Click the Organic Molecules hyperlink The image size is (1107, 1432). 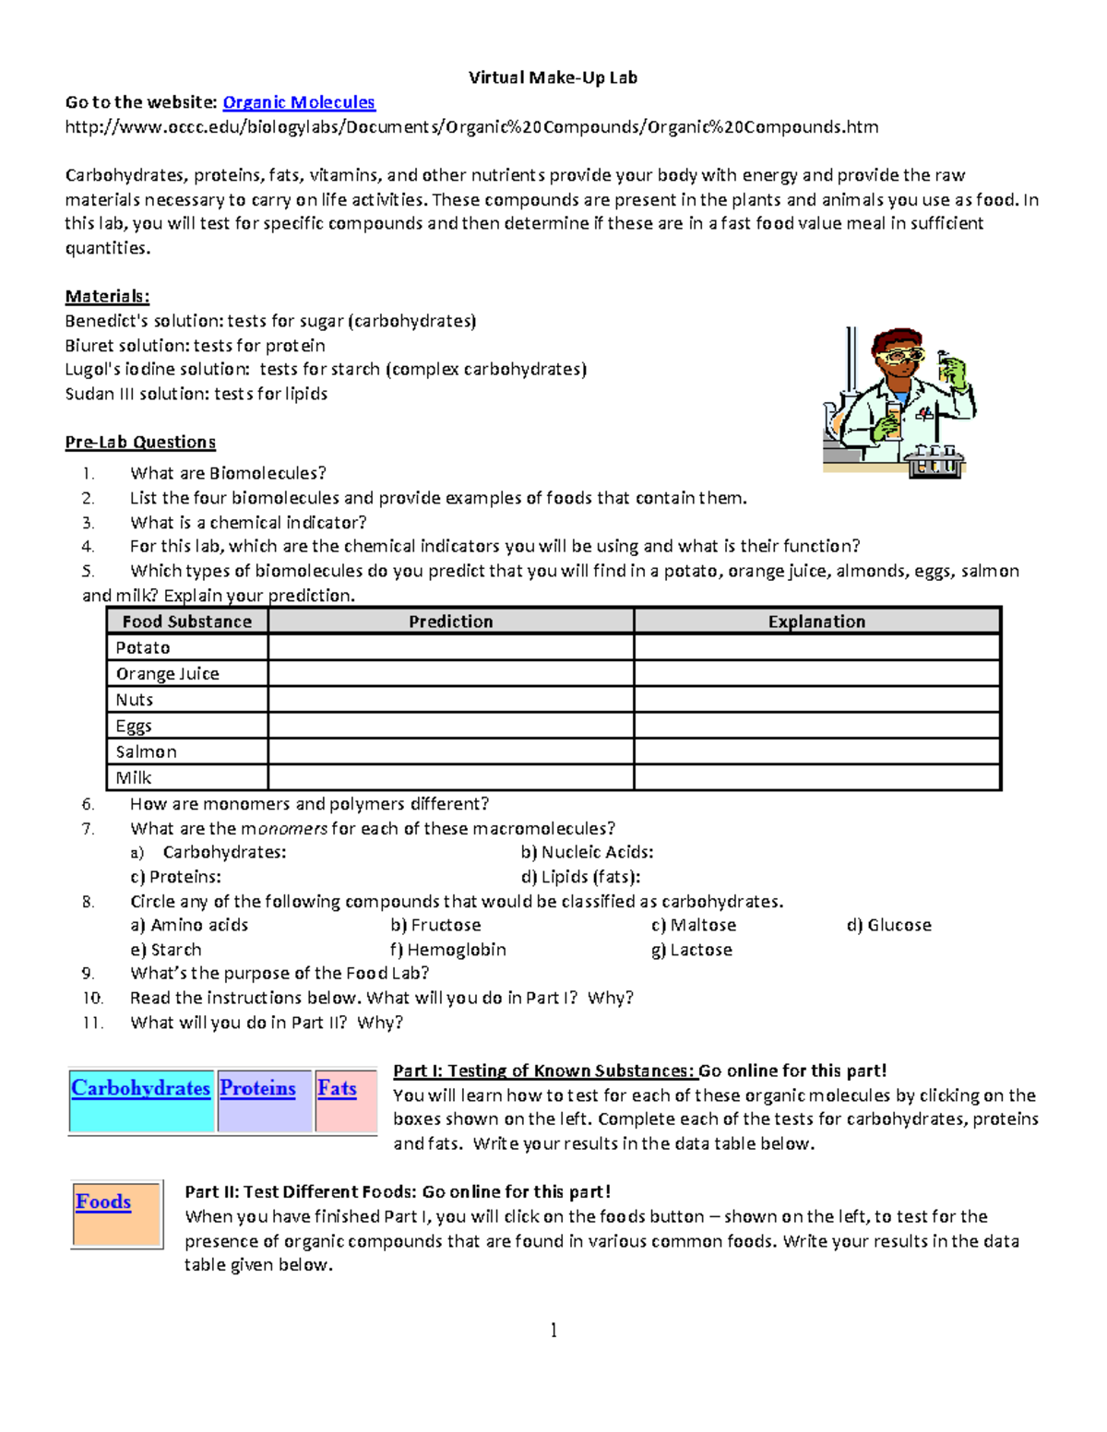pyautogui.click(x=299, y=102)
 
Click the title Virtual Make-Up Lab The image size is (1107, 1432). pyautogui.click(x=553, y=77)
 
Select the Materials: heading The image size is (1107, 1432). pyautogui.click(x=107, y=296)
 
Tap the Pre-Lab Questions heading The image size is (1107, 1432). pyautogui.click(x=140, y=442)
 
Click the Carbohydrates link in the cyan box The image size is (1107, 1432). pyautogui.click(x=140, y=1088)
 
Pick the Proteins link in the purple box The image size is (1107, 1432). pyautogui.click(x=257, y=1088)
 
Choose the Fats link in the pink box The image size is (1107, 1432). pyautogui.click(x=337, y=1088)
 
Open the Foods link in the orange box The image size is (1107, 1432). pyautogui.click(x=103, y=1201)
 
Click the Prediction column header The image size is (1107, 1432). pyautogui.click(x=450, y=621)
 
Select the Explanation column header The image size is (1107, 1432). pyautogui.click(x=816, y=621)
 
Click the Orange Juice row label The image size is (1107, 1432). pyautogui.click(x=167, y=674)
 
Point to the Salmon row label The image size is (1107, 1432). pyautogui.click(x=146, y=752)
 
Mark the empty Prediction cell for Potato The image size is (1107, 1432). pyautogui.click(x=450, y=647)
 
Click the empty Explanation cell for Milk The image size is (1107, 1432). pyautogui.click(x=816, y=777)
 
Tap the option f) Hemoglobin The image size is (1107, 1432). pyautogui.click(x=448, y=950)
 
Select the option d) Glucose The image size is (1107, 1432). pyautogui.click(x=889, y=925)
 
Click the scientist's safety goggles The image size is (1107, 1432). pyautogui.click(x=899, y=354)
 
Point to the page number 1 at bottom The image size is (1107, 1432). pyautogui.click(x=553, y=1330)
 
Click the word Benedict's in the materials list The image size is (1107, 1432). pyautogui.click(x=100, y=321)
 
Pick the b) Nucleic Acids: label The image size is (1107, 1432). pyautogui.click(x=587, y=852)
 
